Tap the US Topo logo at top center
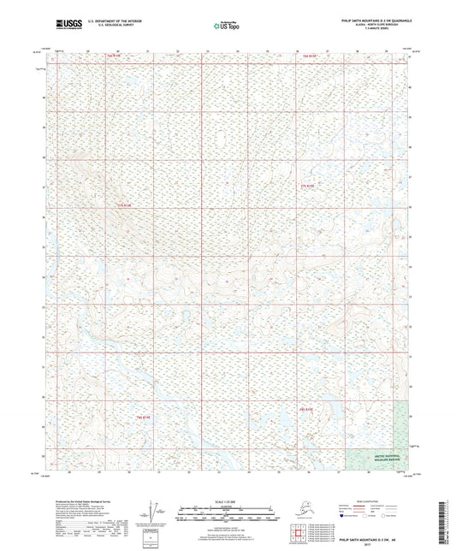pyautogui.click(x=225, y=26)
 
